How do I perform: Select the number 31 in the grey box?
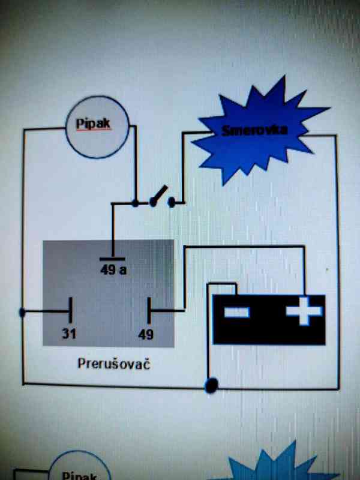pos(70,334)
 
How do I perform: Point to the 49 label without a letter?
pos(146,334)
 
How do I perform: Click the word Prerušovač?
pos(113,364)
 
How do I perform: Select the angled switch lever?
pos(159,195)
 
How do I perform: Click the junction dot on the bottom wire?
pos(211,385)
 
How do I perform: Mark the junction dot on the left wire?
pos(23,313)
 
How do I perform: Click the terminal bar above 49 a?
pos(112,259)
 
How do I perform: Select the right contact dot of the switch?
pos(172,202)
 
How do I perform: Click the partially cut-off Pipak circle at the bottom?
pos(78,468)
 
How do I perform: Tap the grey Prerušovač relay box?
pos(108,294)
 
